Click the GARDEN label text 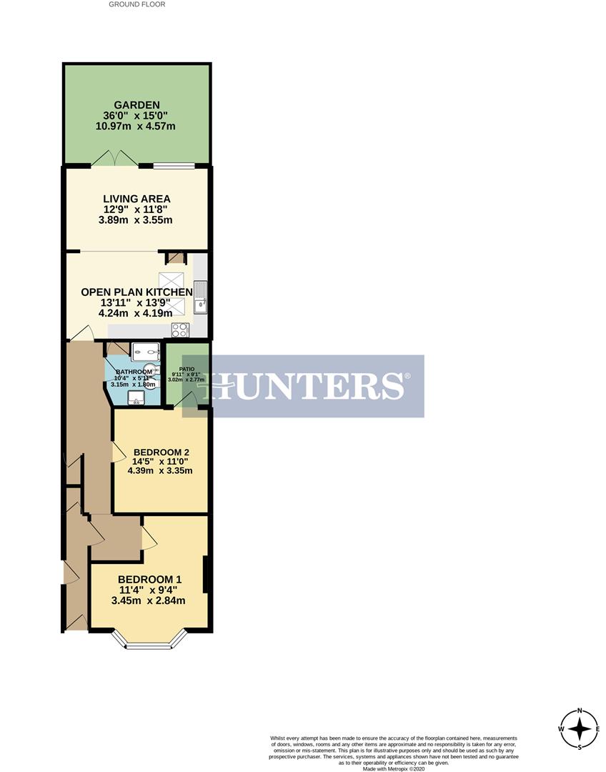(x=136, y=105)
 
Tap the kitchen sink (x=201, y=297)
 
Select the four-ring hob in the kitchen (x=180, y=330)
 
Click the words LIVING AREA (x=136, y=199)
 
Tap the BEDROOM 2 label (x=161, y=452)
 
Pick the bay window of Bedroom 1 (x=149, y=644)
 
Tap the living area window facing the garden (x=174, y=167)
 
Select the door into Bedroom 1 (x=148, y=538)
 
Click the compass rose (x=580, y=730)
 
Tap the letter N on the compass (x=580, y=711)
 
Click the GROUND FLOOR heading (x=136, y=4)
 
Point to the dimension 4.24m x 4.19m (x=136, y=312)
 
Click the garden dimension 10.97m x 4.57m (x=136, y=127)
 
